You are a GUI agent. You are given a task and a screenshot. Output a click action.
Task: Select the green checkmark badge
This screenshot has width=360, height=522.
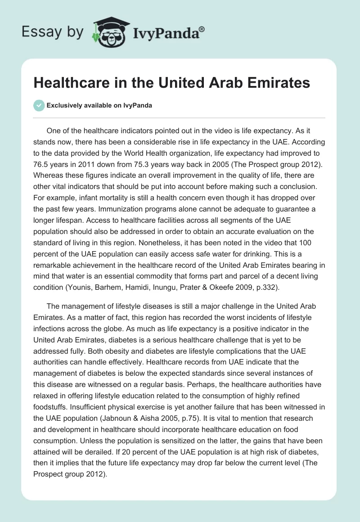(39, 105)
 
